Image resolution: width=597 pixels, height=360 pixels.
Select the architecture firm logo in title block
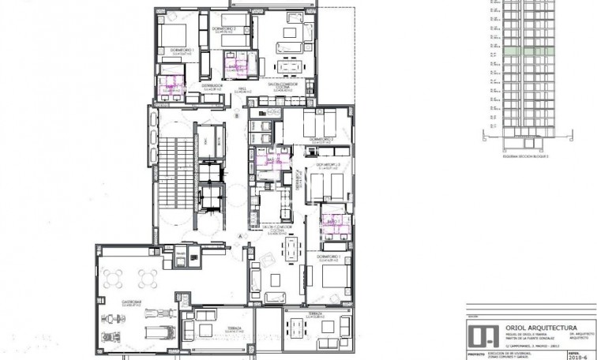pos(477,334)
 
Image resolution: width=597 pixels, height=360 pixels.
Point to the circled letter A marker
pos(238,235)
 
